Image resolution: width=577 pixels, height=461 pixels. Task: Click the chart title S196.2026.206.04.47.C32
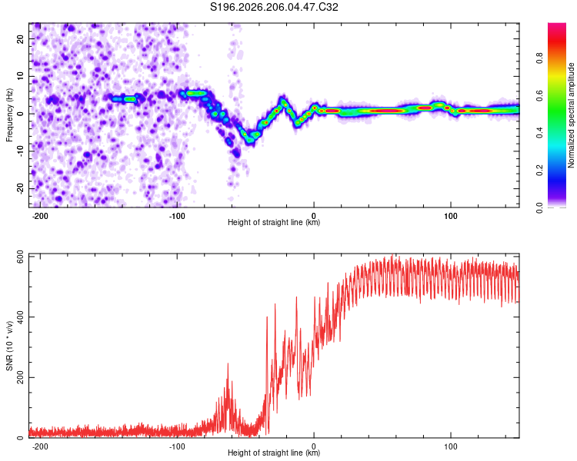[274, 7]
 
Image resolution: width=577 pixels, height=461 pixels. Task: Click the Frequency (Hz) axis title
[9, 115]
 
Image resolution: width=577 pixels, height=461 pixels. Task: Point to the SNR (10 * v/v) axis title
[9, 346]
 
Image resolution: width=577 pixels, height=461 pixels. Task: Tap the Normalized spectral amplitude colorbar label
[571, 115]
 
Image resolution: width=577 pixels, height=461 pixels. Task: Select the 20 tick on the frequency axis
[20, 39]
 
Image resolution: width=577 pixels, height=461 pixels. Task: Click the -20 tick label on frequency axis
[20, 189]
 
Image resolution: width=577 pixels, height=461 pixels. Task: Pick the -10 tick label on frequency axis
[20, 151]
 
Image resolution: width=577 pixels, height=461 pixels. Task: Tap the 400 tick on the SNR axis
[20, 317]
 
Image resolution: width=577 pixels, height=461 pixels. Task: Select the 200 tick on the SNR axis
[20, 377]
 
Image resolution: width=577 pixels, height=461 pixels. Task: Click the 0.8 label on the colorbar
[539, 58]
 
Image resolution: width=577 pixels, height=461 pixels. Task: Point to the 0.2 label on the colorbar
[539, 171]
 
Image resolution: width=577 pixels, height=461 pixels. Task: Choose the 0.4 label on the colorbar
[539, 133]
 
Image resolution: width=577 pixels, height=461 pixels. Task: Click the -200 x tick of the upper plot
[40, 216]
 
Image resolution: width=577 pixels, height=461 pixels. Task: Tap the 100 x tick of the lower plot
[450, 446]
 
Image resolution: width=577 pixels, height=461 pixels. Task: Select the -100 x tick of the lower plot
[177, 446]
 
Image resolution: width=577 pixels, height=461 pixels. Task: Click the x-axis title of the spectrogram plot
[274, 222]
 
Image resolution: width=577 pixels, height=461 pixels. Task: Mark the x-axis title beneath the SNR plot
[274, 453]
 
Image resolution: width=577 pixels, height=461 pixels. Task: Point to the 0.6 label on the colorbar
[539, 95]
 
